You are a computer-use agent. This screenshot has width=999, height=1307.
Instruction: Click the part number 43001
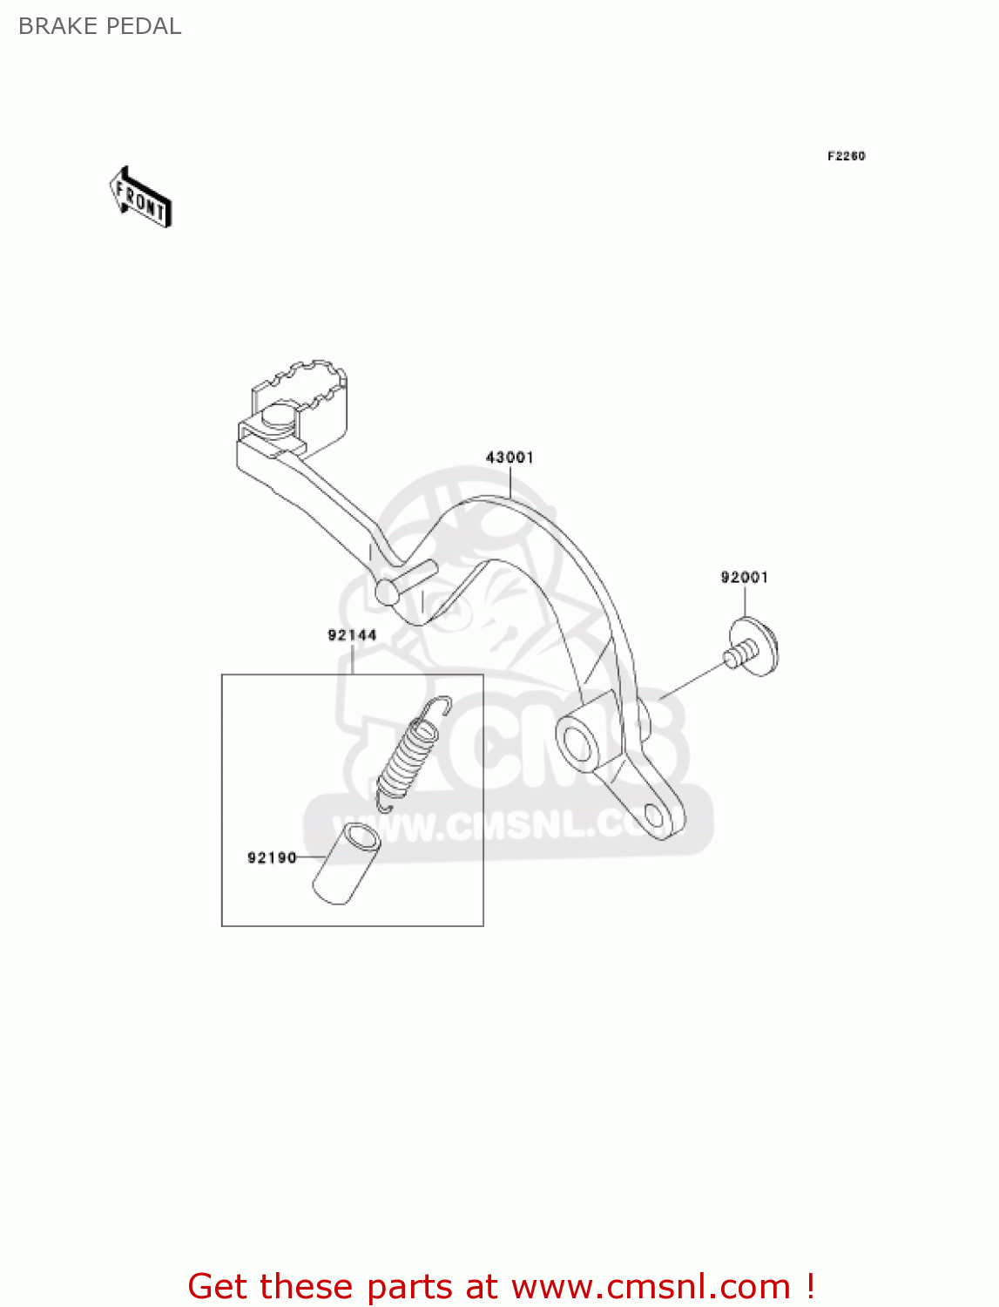coord(510,457)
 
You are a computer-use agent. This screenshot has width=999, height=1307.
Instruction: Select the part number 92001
coord(744,577)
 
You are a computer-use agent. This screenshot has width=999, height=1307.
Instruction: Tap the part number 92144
coord(352,635)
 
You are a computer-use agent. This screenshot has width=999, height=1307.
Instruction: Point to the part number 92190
coord(272,857)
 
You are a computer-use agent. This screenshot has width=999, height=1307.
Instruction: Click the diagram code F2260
coord(846,156)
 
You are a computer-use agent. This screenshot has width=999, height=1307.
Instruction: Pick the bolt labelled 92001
coord(751,647)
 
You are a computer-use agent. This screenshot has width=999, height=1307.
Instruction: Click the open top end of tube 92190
coord(361,839)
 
